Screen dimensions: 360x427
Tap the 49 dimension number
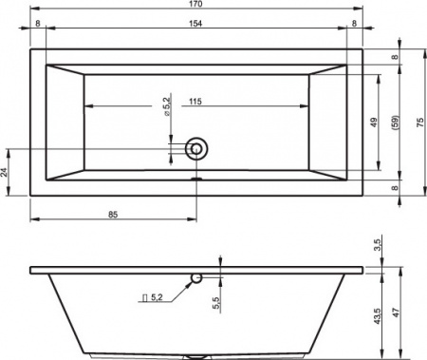(374, 123)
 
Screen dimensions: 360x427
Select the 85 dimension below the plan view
(113, 216)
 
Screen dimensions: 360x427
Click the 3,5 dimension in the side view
(378, 246)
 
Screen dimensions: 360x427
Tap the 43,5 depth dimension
(378, 314)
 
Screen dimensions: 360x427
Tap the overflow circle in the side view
(196, 278)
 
